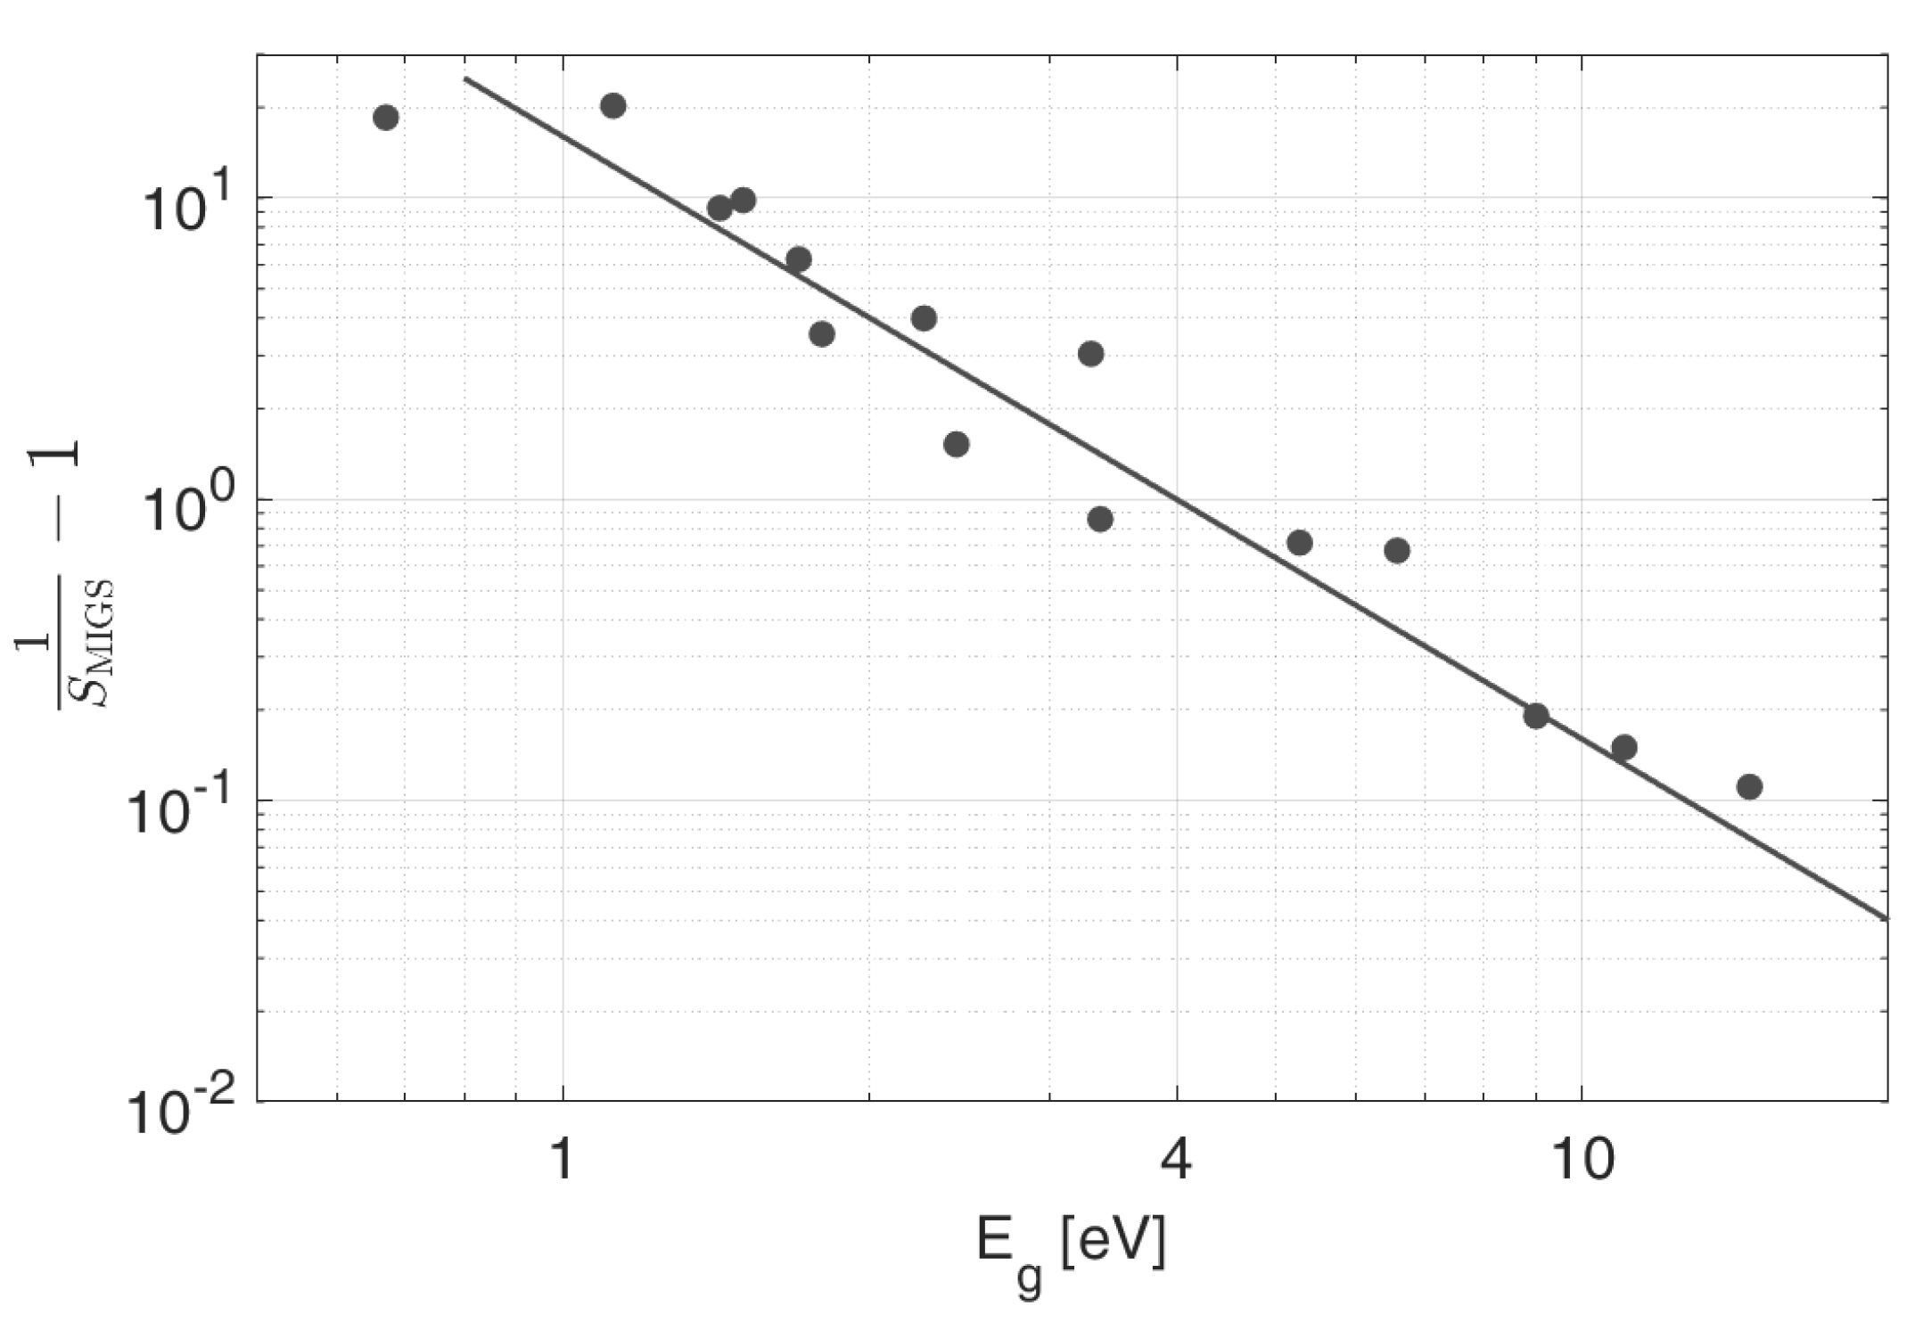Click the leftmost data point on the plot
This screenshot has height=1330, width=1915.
385,117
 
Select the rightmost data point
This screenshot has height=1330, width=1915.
1749,786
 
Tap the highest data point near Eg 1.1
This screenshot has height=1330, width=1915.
612,105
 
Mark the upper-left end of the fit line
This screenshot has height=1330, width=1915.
465,79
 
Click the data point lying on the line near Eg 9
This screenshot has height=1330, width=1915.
1535,715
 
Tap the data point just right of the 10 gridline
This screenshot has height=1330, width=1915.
1623,747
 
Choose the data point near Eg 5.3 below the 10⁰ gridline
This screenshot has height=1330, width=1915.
1300,542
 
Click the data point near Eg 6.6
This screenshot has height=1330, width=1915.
1397,550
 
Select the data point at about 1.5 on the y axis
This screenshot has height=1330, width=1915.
956,444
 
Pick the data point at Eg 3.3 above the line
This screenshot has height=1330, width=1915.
1090,354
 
